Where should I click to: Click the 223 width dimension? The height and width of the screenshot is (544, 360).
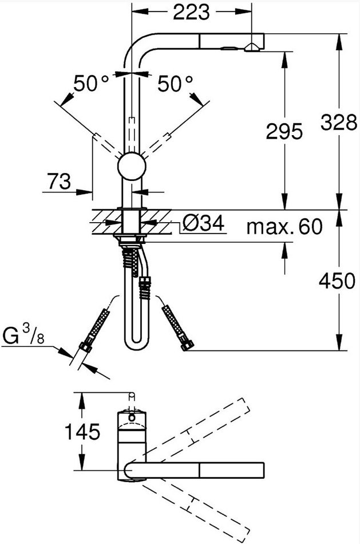point(191,12)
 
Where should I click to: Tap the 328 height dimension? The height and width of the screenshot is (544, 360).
point(339,122)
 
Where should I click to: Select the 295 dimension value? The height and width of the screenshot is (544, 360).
point(284,132)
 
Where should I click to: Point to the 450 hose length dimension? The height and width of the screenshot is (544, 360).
point(337,281)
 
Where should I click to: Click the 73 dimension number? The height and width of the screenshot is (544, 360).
point(59,182)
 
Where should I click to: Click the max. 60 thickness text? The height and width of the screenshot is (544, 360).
point(284,227)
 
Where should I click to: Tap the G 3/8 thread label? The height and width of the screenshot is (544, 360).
point(23,337)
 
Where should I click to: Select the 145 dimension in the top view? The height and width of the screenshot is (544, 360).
point(82,432)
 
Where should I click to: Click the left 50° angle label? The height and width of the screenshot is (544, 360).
point(91,84)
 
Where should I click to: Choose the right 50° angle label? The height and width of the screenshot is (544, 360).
point(175,84)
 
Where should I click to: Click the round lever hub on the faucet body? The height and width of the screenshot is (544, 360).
point(132,166)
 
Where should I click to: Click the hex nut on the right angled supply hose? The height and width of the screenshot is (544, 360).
point(188,345)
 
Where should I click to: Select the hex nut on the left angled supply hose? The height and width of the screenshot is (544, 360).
point(86,346)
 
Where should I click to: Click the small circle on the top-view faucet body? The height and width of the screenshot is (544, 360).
point(132,417)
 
